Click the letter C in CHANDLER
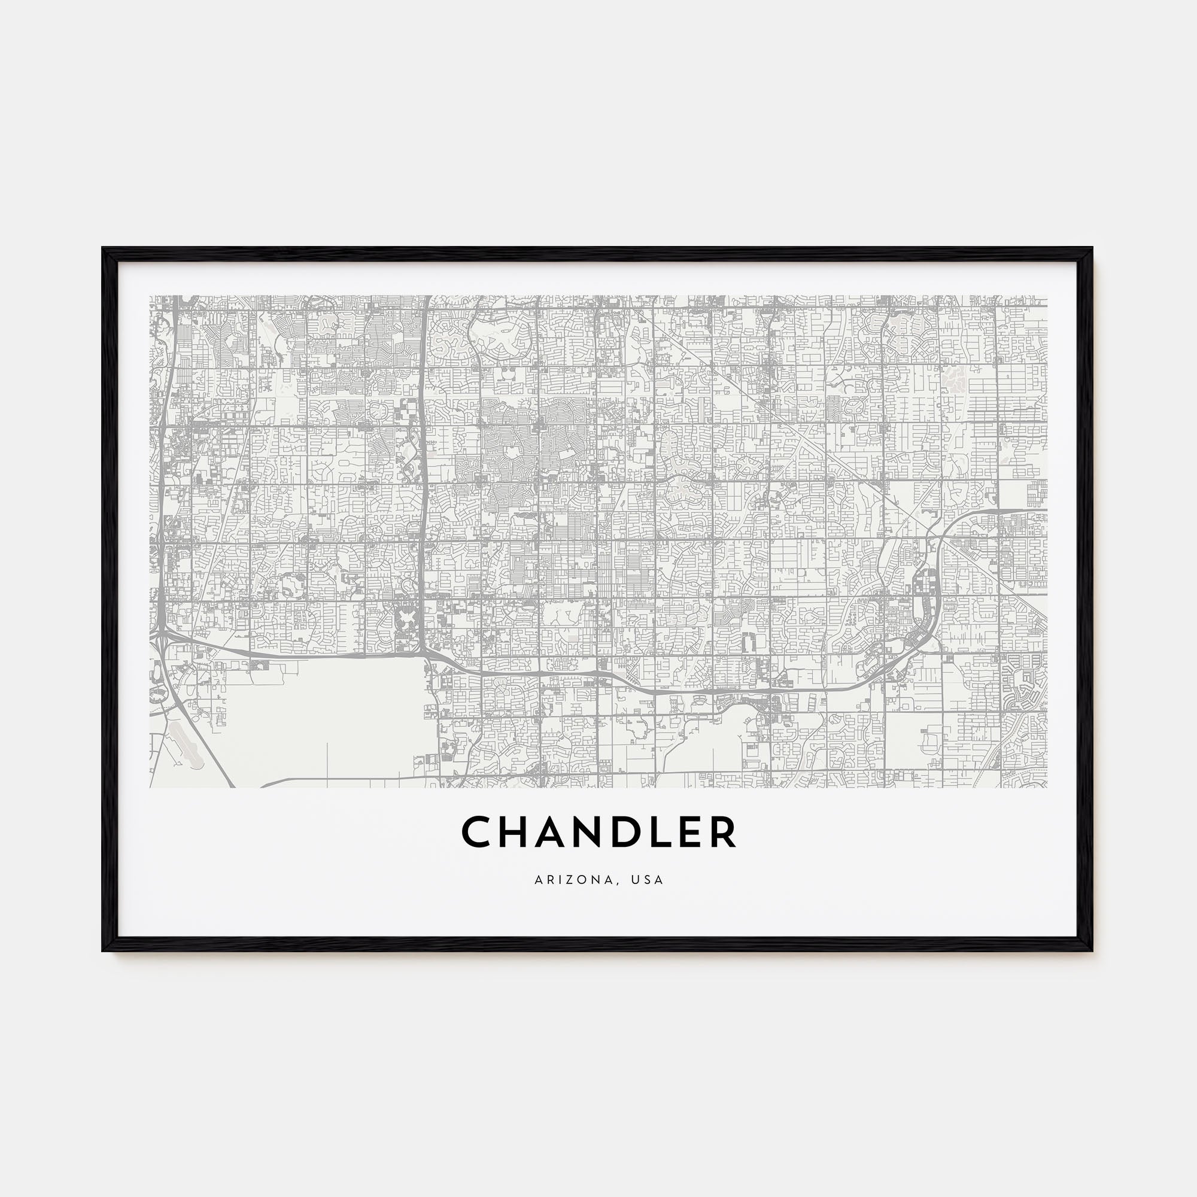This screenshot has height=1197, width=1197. click(x=479, y=832)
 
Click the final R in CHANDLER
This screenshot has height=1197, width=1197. click(x=723, y=832)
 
